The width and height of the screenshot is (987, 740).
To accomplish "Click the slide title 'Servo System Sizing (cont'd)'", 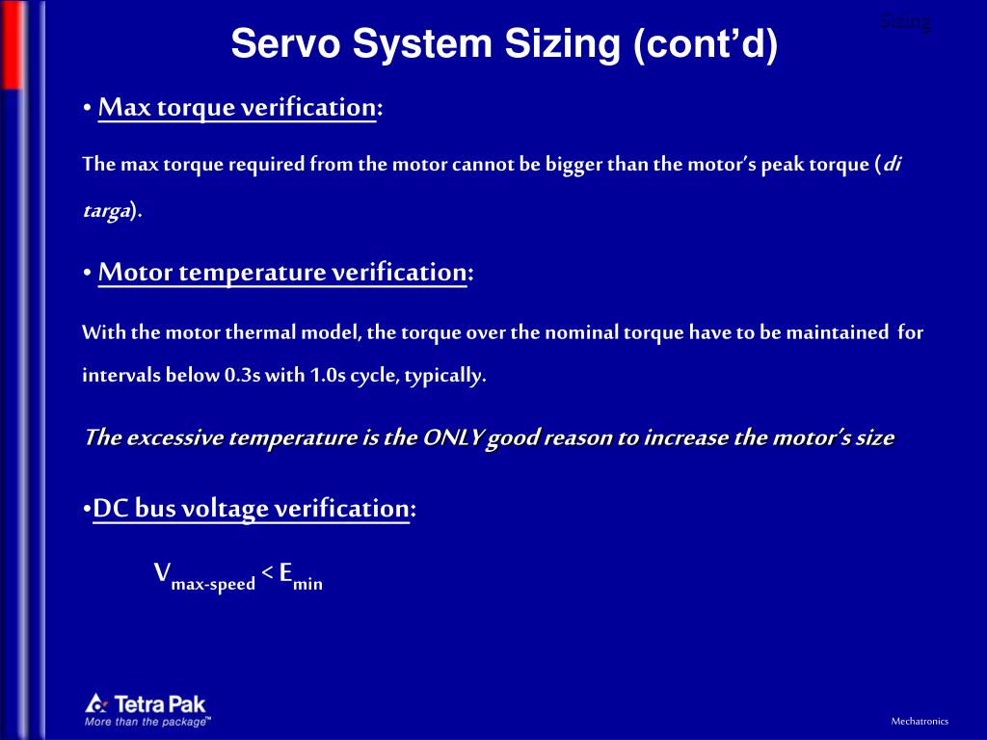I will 503,44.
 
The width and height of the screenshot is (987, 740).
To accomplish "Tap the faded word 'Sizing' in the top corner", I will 905,22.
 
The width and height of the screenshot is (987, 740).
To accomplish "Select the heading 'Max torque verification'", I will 236,107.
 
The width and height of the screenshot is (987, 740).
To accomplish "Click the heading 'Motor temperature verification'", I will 281,273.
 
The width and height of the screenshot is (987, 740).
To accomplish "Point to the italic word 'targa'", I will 106,212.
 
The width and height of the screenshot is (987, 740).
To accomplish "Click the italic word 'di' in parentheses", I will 893,164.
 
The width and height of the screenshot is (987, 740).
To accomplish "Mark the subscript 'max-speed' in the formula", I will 213,584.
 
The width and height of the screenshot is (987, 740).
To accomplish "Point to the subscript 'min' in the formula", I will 308,584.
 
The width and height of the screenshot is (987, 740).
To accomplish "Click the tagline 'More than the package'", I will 147,721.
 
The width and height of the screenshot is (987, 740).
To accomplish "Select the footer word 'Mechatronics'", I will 919,721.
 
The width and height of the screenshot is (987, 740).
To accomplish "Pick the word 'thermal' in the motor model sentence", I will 257,333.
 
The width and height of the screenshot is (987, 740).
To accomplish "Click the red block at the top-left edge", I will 11,43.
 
